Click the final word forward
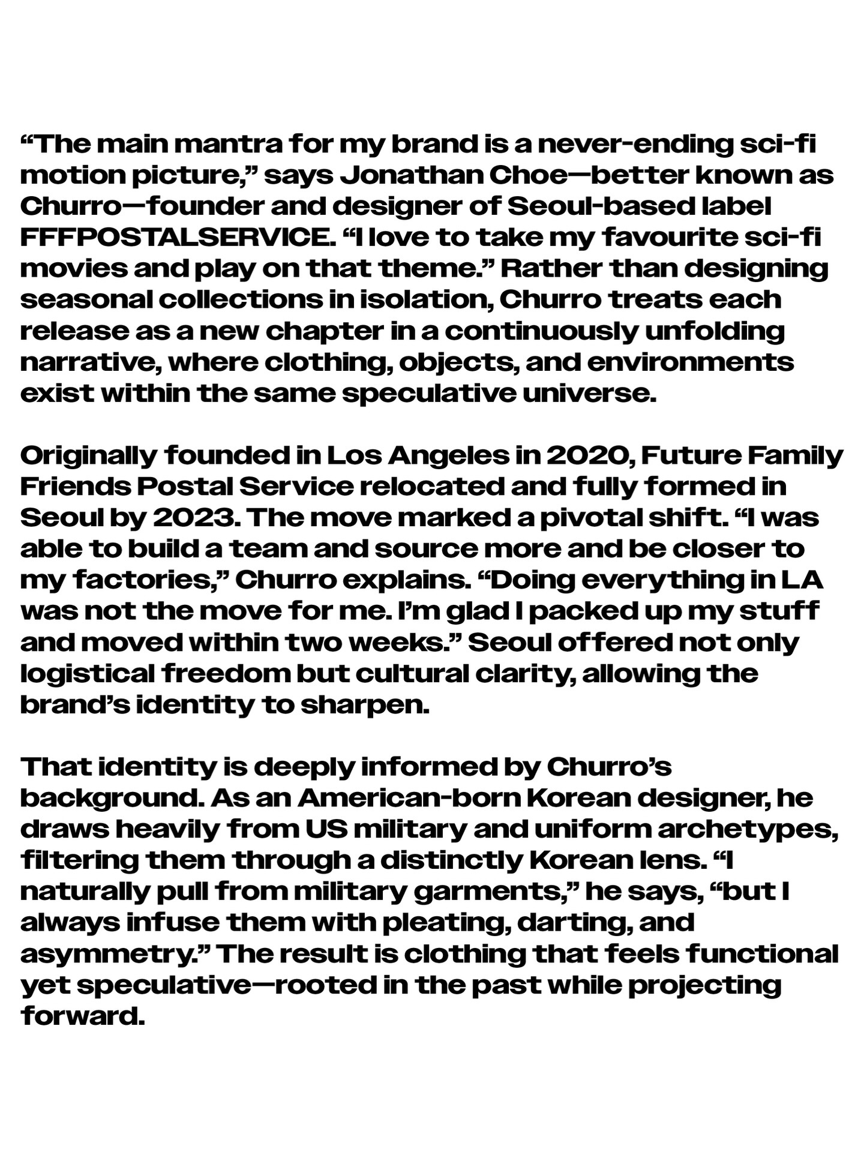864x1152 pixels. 83,1016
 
